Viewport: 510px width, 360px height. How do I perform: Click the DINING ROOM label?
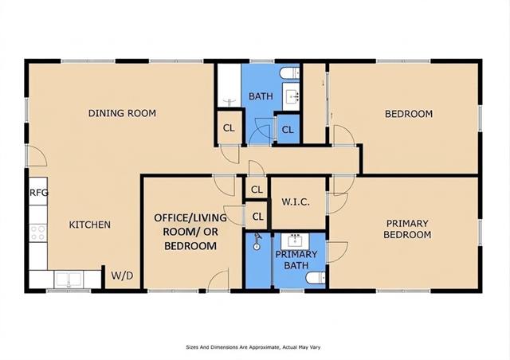pos(122,113)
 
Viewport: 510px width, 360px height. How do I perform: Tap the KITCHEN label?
pos(90,225)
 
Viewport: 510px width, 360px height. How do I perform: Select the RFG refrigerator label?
pos(39,193)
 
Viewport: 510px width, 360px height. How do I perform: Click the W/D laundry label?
pos(122,276)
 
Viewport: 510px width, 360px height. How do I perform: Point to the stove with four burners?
pos(38,233)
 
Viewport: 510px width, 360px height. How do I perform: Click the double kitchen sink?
pos(69,280)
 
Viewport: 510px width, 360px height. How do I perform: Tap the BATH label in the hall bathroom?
pos(261,96)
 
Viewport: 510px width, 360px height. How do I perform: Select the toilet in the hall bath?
pos(290,72)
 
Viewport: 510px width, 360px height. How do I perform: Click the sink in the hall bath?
pos(291,96)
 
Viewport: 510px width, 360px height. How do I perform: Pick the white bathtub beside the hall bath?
pos(229,85)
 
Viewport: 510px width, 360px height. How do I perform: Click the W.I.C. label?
pos(296,202)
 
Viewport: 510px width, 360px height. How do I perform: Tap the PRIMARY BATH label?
pos(296,260)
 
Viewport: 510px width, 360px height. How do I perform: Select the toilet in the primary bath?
pos(316,278)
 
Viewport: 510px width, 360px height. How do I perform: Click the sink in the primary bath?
pos(296,241)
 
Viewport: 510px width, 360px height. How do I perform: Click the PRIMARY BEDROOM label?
pos(407,229)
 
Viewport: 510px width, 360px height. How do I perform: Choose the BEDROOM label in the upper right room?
pos(409,114)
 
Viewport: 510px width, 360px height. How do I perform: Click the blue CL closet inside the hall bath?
pos(288,130)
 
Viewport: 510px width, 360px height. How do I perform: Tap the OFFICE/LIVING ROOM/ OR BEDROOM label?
pos(190,232)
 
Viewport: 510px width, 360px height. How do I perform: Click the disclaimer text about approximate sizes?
pos(253,347)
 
